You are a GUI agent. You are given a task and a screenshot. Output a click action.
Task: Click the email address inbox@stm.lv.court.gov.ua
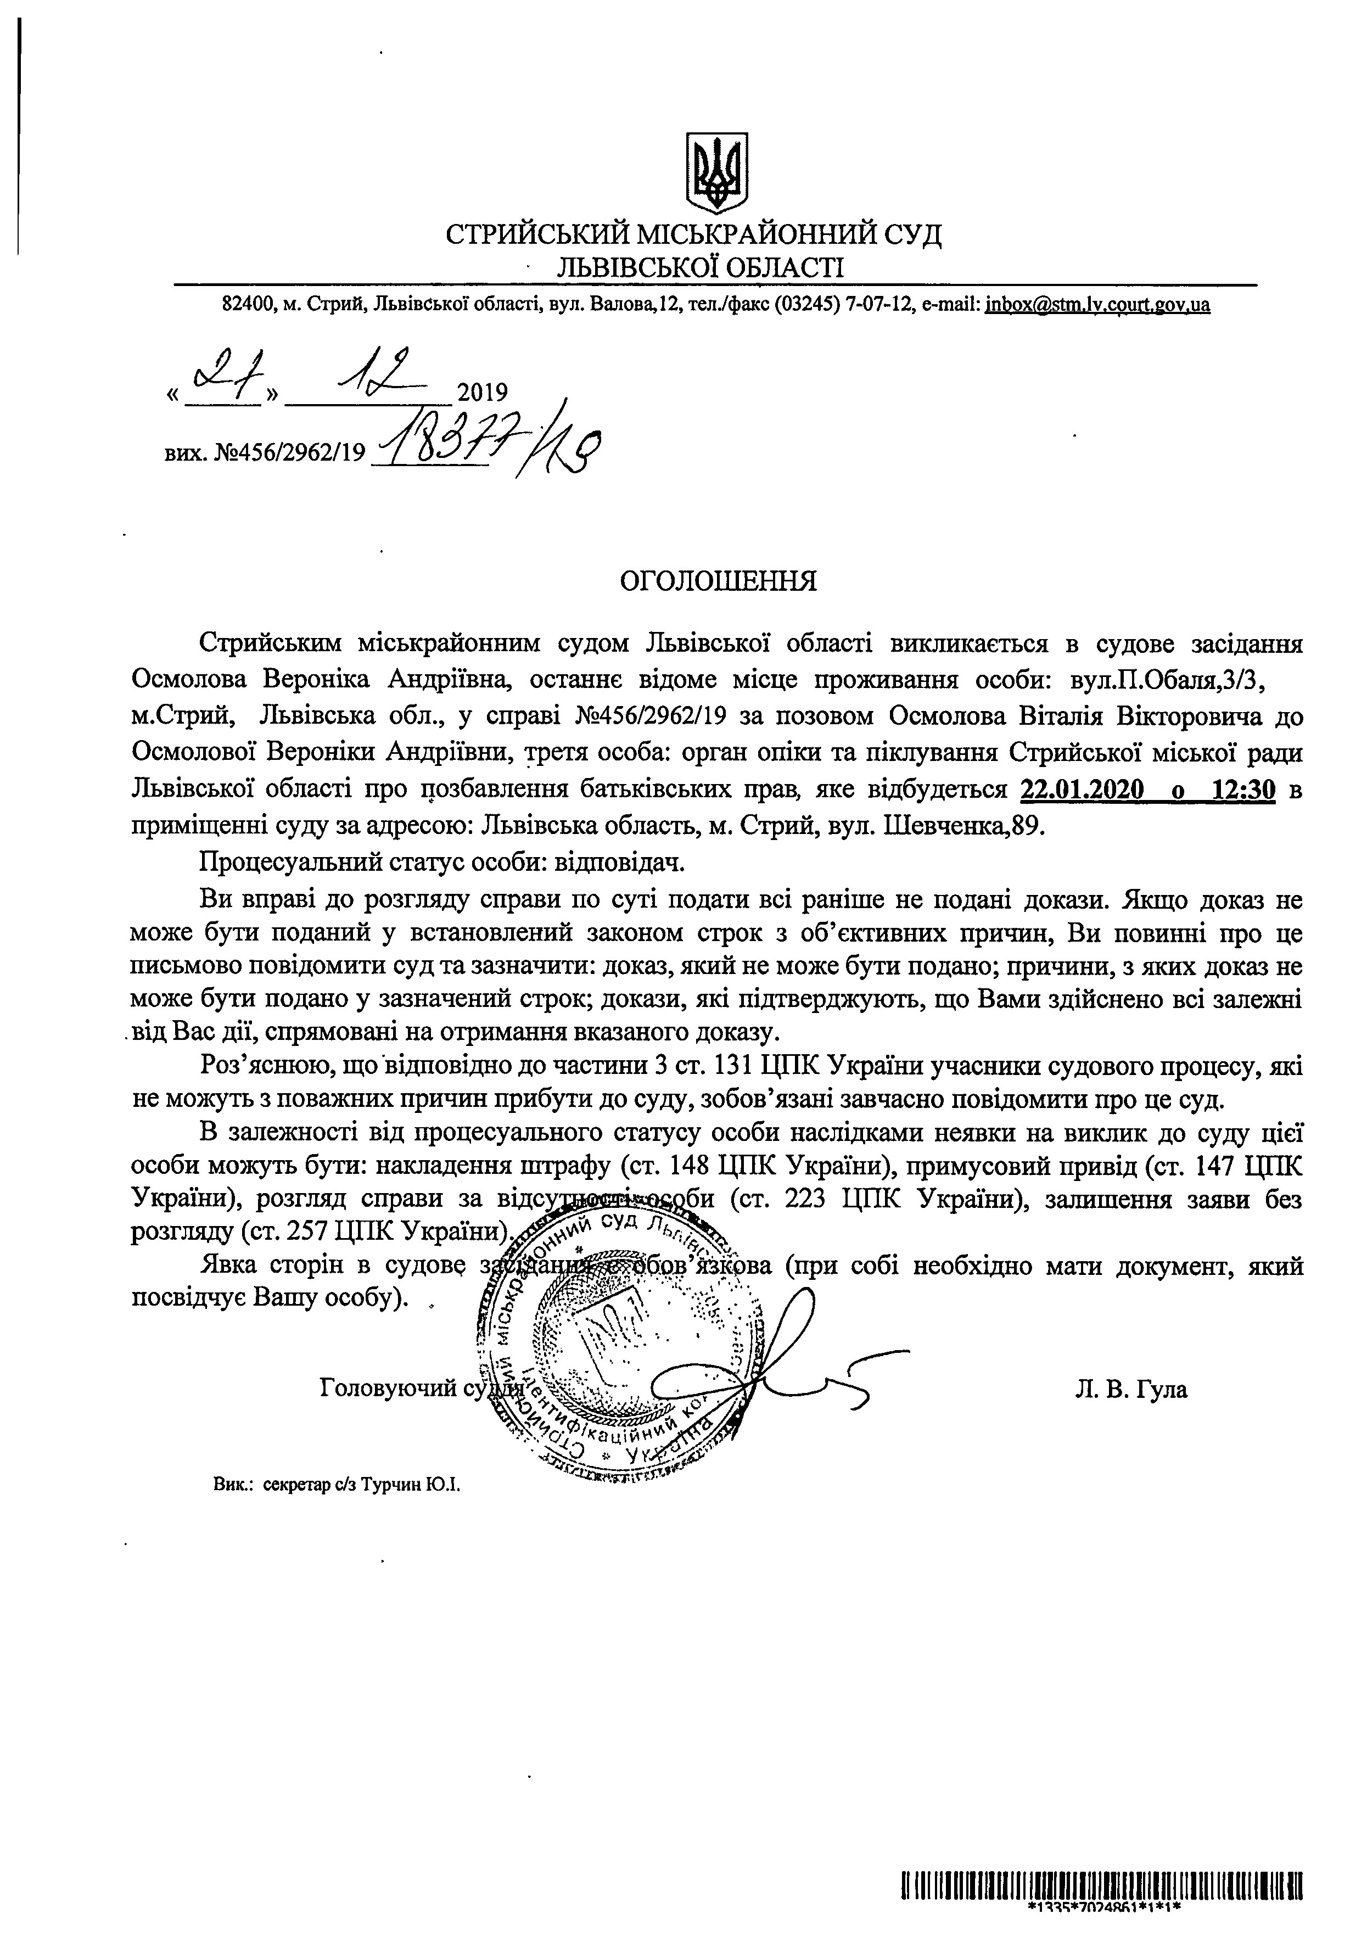pyautogui.click(x=1097, y=305)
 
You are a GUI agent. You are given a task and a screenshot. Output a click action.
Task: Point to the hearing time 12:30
pyautogui.click(x=1243, y=791)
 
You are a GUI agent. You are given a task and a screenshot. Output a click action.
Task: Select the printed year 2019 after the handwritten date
pyautogui.click(x=482, y=393)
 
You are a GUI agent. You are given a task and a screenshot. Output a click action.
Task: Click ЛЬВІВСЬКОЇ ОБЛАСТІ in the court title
pyautogui.click(x=699, y=268)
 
